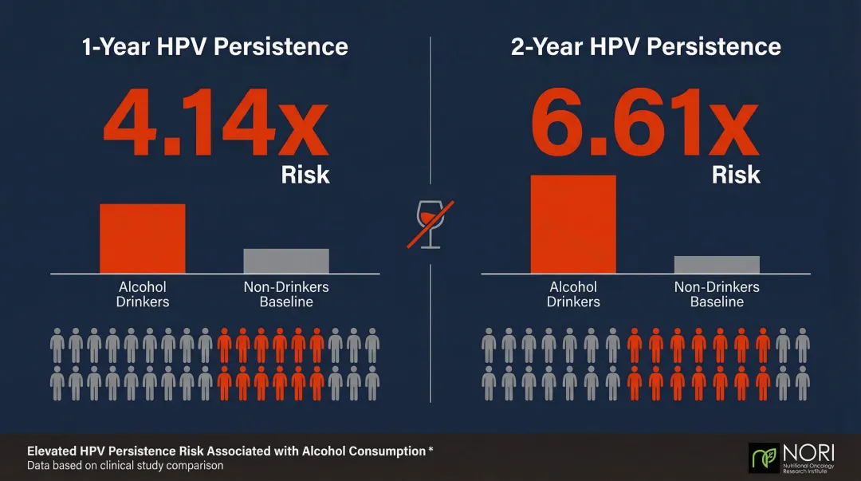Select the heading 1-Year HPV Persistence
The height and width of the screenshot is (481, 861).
(x=215, y=46)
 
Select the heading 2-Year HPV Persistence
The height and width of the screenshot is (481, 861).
(x=646, y=46)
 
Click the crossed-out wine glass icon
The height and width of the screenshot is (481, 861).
(x=431, y=224)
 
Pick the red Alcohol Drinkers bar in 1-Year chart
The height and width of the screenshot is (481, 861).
(x=142, y=239)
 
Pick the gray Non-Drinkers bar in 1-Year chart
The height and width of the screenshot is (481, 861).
(x=285, y=261)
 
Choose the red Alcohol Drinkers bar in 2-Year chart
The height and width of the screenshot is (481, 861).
(x=573, y=224)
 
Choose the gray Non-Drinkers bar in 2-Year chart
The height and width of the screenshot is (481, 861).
(x=717, y=265)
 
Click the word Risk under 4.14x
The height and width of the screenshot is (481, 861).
(x=305, y=175)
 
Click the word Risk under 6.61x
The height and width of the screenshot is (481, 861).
(x=736, y=175)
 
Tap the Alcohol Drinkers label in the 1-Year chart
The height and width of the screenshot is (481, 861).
(x=143, y=294)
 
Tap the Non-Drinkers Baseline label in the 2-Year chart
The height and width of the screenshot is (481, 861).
(x=717, y=294)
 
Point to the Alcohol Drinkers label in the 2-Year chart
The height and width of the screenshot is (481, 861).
(x=573, y=294)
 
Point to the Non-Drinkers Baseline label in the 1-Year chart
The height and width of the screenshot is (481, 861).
(x=286, y=294)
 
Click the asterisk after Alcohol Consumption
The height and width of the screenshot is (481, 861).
(x=431, y=450)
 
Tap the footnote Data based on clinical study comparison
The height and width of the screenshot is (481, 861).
(x=125, y=465)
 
